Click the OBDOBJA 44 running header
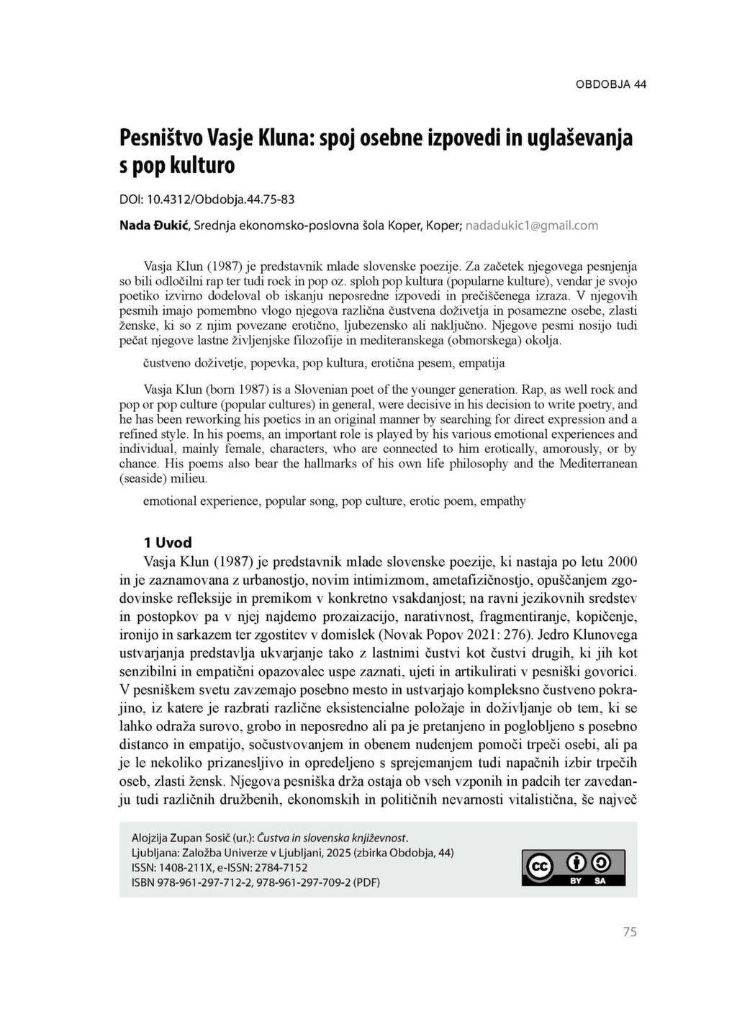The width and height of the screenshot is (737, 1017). coord(610,84)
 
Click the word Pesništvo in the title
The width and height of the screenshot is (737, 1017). coord(160,137)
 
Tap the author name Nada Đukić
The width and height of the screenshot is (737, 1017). coord(154,225)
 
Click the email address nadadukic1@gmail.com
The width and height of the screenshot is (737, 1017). coord(532,225)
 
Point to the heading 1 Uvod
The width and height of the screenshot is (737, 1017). coord(168,542)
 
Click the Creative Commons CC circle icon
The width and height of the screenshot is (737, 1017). coord(539,867)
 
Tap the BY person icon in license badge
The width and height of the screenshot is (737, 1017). coord(576,862)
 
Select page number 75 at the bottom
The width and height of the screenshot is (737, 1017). coord(630,932)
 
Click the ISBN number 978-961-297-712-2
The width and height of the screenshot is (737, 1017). coord(202,882)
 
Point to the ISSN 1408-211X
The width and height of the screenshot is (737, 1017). coord(188,868)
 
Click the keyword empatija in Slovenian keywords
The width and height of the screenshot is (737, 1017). coord(481,362)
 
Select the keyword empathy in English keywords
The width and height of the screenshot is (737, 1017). coord(502,501)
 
